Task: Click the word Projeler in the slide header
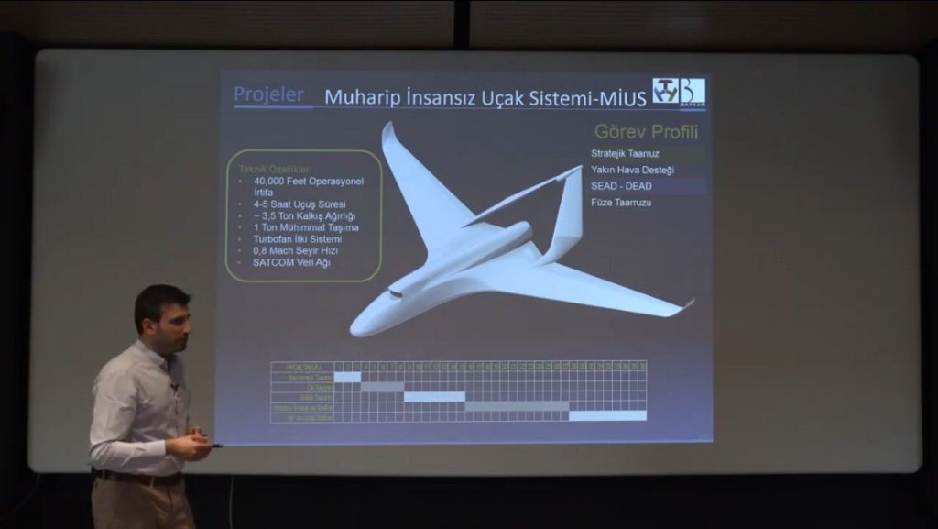267,94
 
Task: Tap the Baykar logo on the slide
679,92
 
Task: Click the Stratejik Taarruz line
625,154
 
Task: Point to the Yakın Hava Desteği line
632,170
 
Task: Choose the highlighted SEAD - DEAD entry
621,185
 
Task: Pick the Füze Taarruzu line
621,202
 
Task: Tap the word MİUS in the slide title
624,97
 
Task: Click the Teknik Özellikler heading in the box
274,170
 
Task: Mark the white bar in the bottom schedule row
607,415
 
